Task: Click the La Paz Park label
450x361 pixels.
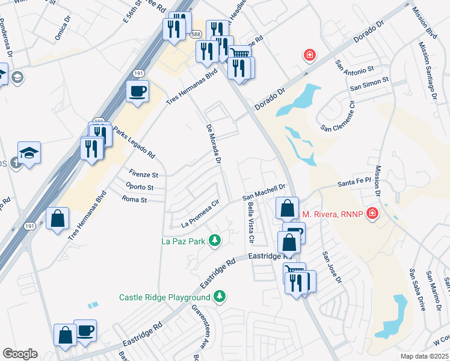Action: [183, 242]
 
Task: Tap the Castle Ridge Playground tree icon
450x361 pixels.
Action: [221, 297]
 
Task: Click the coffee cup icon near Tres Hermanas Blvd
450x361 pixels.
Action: [137, 91]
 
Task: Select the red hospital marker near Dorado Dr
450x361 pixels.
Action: [310, 55]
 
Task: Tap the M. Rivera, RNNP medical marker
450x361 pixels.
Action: [372, 214]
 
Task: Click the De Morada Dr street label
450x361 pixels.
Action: [214, 144]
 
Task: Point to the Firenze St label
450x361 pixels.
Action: [142, 175]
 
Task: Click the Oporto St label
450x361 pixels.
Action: [140, 187]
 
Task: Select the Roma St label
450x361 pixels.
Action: [134, 199]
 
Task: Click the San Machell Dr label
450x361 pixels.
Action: [263, 193]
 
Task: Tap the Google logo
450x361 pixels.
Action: [19, 354]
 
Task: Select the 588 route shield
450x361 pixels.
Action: [196, 35]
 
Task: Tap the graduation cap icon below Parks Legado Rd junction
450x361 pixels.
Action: [29, 153]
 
